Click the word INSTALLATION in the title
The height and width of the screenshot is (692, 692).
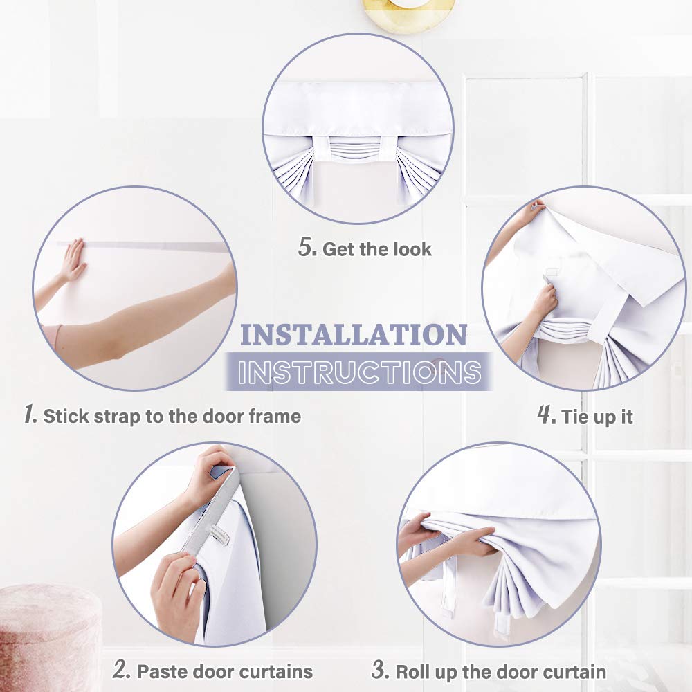click(353, 335)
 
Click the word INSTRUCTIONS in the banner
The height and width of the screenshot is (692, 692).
click(358, 372)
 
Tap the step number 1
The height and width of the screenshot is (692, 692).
click(30, 415)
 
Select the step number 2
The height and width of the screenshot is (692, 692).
click(122, 670)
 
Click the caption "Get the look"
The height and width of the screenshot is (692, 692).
click(377, 249)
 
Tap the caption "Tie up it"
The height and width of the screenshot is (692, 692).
click(597, 417)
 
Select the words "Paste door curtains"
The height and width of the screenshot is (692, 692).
click(224, 671)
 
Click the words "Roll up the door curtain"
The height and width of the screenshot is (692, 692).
click(500, 671)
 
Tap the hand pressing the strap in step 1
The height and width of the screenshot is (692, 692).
click(72, 262)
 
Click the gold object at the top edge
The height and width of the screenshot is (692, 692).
click(408, 12)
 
